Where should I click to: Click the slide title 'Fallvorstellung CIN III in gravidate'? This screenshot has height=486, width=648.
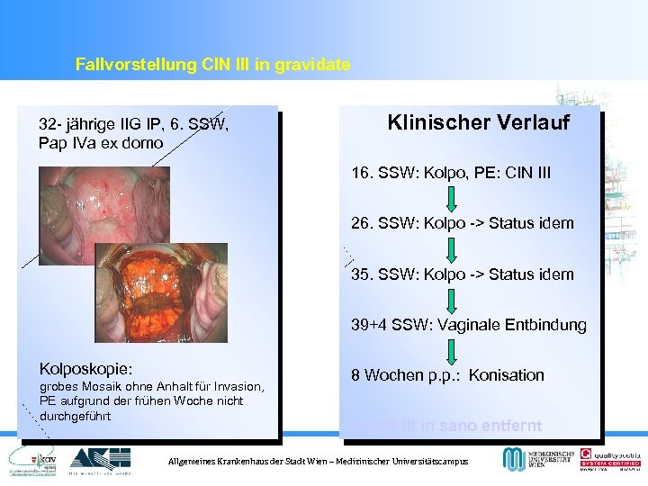pyautogui.click(x=212, y=65)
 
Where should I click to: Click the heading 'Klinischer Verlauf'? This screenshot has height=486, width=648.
pyautogui.click(x=478, y=122)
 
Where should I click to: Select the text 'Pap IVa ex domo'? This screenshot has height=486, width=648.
pyautogui.click(x=101, y=143)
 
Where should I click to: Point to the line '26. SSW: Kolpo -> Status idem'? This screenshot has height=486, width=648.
pyautogui.click(x=462, y=223)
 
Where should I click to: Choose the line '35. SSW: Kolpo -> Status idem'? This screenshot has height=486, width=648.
pyautogui.click(x=462, y=274)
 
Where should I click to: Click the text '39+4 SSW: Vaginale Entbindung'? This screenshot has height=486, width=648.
pyautogui.click(x=468, y=325)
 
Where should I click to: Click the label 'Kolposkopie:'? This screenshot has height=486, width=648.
pyautogui.click(x=86, y=369)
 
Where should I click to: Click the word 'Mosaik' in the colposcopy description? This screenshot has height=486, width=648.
pyautogui.click(x=101, y=387)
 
